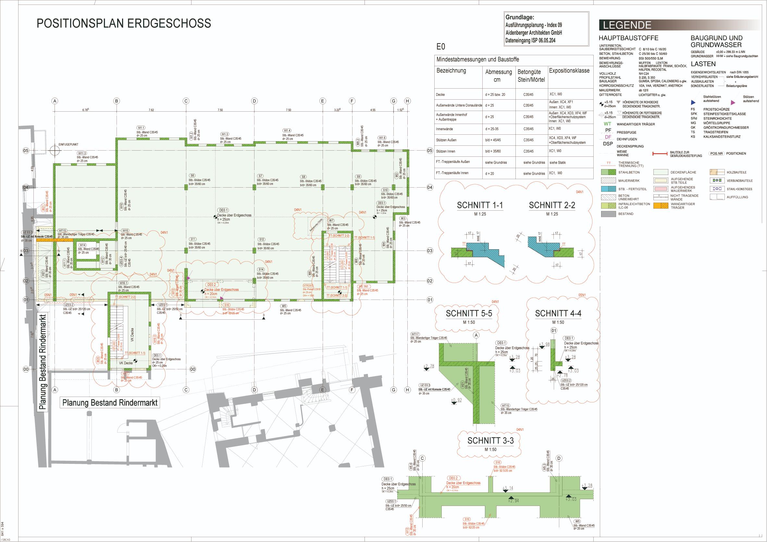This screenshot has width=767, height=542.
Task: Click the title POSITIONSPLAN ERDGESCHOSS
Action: [124, 23]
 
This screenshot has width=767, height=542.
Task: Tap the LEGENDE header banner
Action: [627, 25]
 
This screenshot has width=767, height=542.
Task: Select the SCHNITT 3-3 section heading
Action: [490, 441]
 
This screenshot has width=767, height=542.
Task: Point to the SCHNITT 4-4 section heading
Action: [558, 314]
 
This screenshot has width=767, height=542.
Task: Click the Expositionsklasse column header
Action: [569, 71]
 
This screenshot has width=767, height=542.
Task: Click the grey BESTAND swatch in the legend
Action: [608, 214]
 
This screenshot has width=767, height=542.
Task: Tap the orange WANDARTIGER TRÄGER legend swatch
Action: [661, 206]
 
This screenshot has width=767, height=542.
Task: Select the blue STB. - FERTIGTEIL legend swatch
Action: [608, 189]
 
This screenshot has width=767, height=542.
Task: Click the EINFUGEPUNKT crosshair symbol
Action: [54, 151]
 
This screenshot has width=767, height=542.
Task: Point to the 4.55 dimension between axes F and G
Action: [373, 110]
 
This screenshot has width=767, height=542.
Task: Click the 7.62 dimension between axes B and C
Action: [151, 110]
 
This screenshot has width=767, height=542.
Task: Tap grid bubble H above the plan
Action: [407, 101]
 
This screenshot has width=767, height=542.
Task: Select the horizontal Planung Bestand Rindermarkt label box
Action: [110, 402]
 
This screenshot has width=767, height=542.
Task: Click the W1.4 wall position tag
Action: [287, 130]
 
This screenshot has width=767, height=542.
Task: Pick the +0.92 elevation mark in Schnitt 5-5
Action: [456, 400]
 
